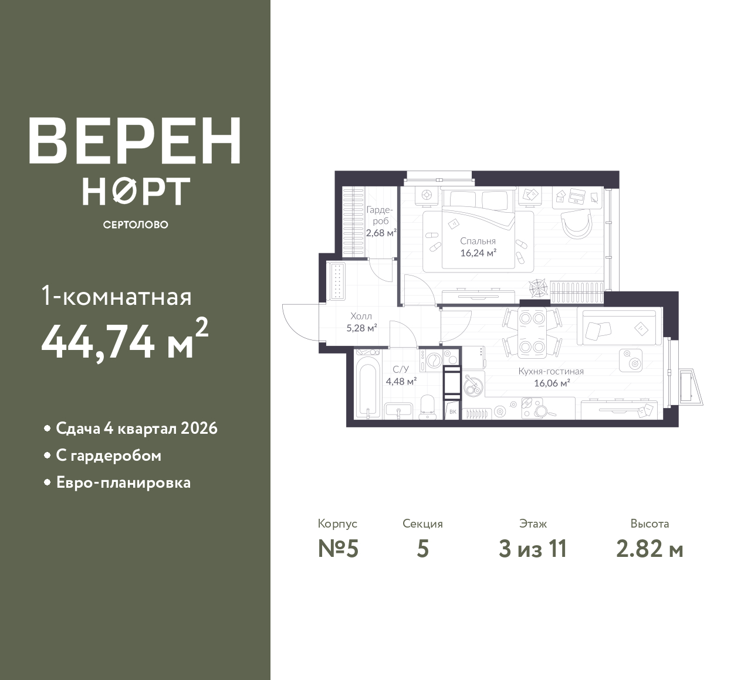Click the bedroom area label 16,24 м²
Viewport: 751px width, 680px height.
[478, 253]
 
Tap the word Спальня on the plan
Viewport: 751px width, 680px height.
[478, 241]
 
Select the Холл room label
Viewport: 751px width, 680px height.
[361, 316]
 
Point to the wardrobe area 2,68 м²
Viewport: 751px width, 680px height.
[381, 233]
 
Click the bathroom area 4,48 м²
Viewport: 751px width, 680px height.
[401, 382]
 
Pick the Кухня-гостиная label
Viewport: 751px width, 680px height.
[551, 371]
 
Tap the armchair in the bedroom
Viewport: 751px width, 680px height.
[577, 224]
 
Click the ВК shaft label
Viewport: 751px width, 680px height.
[452, 412]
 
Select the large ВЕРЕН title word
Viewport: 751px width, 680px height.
[135, 141]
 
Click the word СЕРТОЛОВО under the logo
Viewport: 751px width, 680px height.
[136, 225]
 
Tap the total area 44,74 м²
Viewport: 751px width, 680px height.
[124, 339]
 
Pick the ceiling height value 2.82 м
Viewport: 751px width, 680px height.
[649, 549]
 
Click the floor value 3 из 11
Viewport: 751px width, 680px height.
[533, 549]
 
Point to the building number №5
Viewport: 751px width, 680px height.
[338, 549]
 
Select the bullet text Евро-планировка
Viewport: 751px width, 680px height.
[123, 483]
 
